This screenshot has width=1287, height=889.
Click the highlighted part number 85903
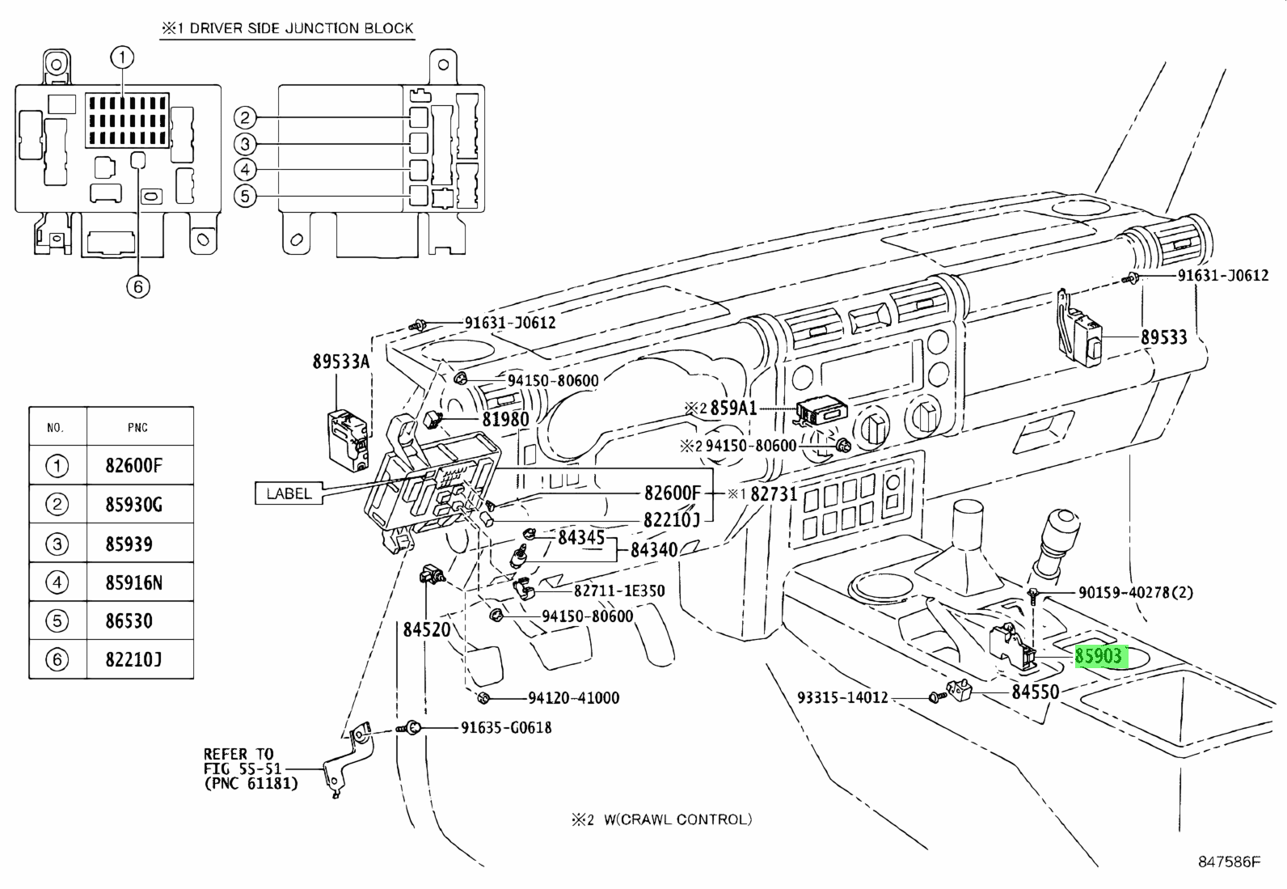pyautogui.click(x=1099, y=655)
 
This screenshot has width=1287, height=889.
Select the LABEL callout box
pyautogui.click(x=289, y=493)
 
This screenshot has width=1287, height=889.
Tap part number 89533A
pyautogui.click(x=340, y=362)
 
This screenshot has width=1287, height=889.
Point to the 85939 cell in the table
pyautogui.click(x=129, y=544)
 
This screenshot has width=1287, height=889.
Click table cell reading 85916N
pyautogui.click(x=133, y=582)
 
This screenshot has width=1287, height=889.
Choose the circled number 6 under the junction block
pyautogui.click(x=138, y=286)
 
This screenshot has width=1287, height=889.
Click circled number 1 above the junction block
pyautogui.click(x=122, y=57)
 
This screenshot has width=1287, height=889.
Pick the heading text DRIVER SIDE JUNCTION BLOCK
pyautogui.click(x=302, y=28)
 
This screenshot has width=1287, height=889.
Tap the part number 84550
pyautogui.click(x=1036, y=692)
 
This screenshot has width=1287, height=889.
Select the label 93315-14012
pyautogui.click(x=842, y=696)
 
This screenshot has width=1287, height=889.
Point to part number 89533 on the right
pyautogui.click(x=1163, y=337)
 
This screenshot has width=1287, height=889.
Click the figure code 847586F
pyautogui.click(x=1229, y=861)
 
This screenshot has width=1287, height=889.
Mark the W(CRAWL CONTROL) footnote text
pyautogui.click(x=673, y=819)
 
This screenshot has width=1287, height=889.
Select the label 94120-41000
pyautogui.click(x=573, y=697)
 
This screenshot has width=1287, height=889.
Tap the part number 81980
pyautogui.click(x=505, y=419)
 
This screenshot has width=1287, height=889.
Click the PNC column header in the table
pyautogui.click(x=137, y=427)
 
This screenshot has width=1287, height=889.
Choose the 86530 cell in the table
pyautogui.click(x=129, y=621)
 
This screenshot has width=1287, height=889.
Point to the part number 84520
pyautogui.click(x=426, y=629)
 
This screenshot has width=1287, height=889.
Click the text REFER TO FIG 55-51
pyautogui.click(x=238, y=761)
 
